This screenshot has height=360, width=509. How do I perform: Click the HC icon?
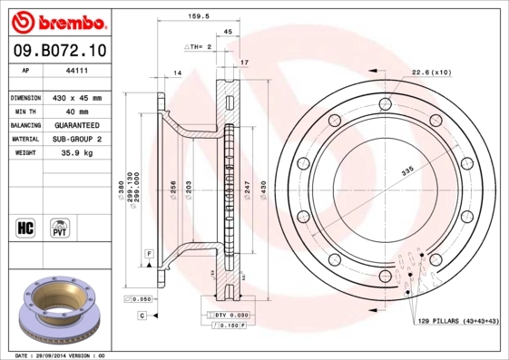[x=26, y=227]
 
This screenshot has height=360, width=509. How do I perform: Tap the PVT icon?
[x=59, y=227]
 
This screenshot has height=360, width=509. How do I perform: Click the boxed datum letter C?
[x=142, y=315]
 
